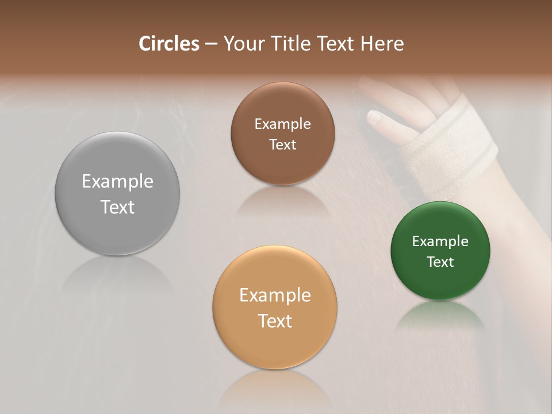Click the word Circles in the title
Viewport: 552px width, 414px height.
pyautogui.click(x=168, y=44)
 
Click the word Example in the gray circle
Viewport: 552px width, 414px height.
pyautogui.click(x=117, y=182)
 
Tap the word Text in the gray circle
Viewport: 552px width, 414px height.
pyautogui.click(x=117, y=207)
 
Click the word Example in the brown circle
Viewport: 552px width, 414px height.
pyautogui.click(x=282, y=124)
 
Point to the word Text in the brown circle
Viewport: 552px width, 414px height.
pyautogui.click(x=282, y=145)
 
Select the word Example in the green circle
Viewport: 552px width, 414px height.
pyautogui.click(x=440, y=241)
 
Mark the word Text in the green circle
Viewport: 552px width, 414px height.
pyautogui.click(x=440, y=262)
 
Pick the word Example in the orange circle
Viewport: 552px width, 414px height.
pyautogui.click(x=275, y=296)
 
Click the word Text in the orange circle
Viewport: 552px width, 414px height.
pyautogui.click(x=275, y=321)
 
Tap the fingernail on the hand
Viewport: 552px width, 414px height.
pyautogui.click(x=374, y=118)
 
